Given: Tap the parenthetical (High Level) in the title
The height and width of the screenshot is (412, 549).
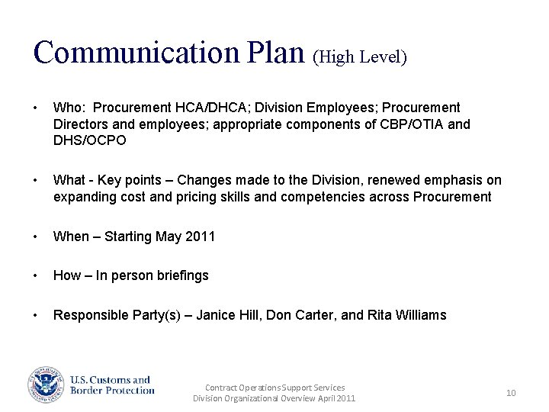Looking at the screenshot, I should pyautogui.click(x=360, y=57).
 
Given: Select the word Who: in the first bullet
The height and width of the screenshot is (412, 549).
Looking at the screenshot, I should pyautogui.click(x=69, y=108).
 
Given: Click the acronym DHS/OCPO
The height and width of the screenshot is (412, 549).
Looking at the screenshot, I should pyautogui.click(x=89, y=140).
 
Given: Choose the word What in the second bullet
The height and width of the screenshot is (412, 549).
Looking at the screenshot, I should pyautogui.click(x=69, y=180).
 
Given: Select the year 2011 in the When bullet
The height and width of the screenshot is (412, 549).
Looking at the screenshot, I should pyautogui.click(x=201, y=237).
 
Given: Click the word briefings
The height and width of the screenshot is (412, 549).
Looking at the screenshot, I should pyautogui.click(x=182, y=275).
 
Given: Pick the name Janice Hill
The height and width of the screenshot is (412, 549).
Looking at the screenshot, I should pyautogui.click(x=229, y=315).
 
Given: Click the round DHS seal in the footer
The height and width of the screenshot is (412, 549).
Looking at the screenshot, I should pyautogui.click(x=45, y=385).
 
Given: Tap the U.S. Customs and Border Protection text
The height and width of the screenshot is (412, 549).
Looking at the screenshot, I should pyautogui.click(x=112, y=385).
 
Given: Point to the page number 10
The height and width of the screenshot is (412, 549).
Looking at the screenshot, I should pyautogui.click(x=511, y=393).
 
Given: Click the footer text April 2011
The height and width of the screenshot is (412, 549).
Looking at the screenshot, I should pyautogui.click(x=335, y=398).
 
